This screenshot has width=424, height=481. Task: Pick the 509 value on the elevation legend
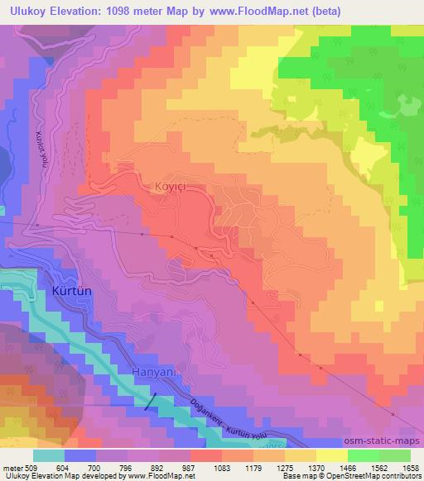32,468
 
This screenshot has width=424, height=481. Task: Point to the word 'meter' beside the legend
12,468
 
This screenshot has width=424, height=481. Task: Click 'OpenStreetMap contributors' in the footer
375,477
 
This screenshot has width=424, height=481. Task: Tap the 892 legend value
156,468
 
